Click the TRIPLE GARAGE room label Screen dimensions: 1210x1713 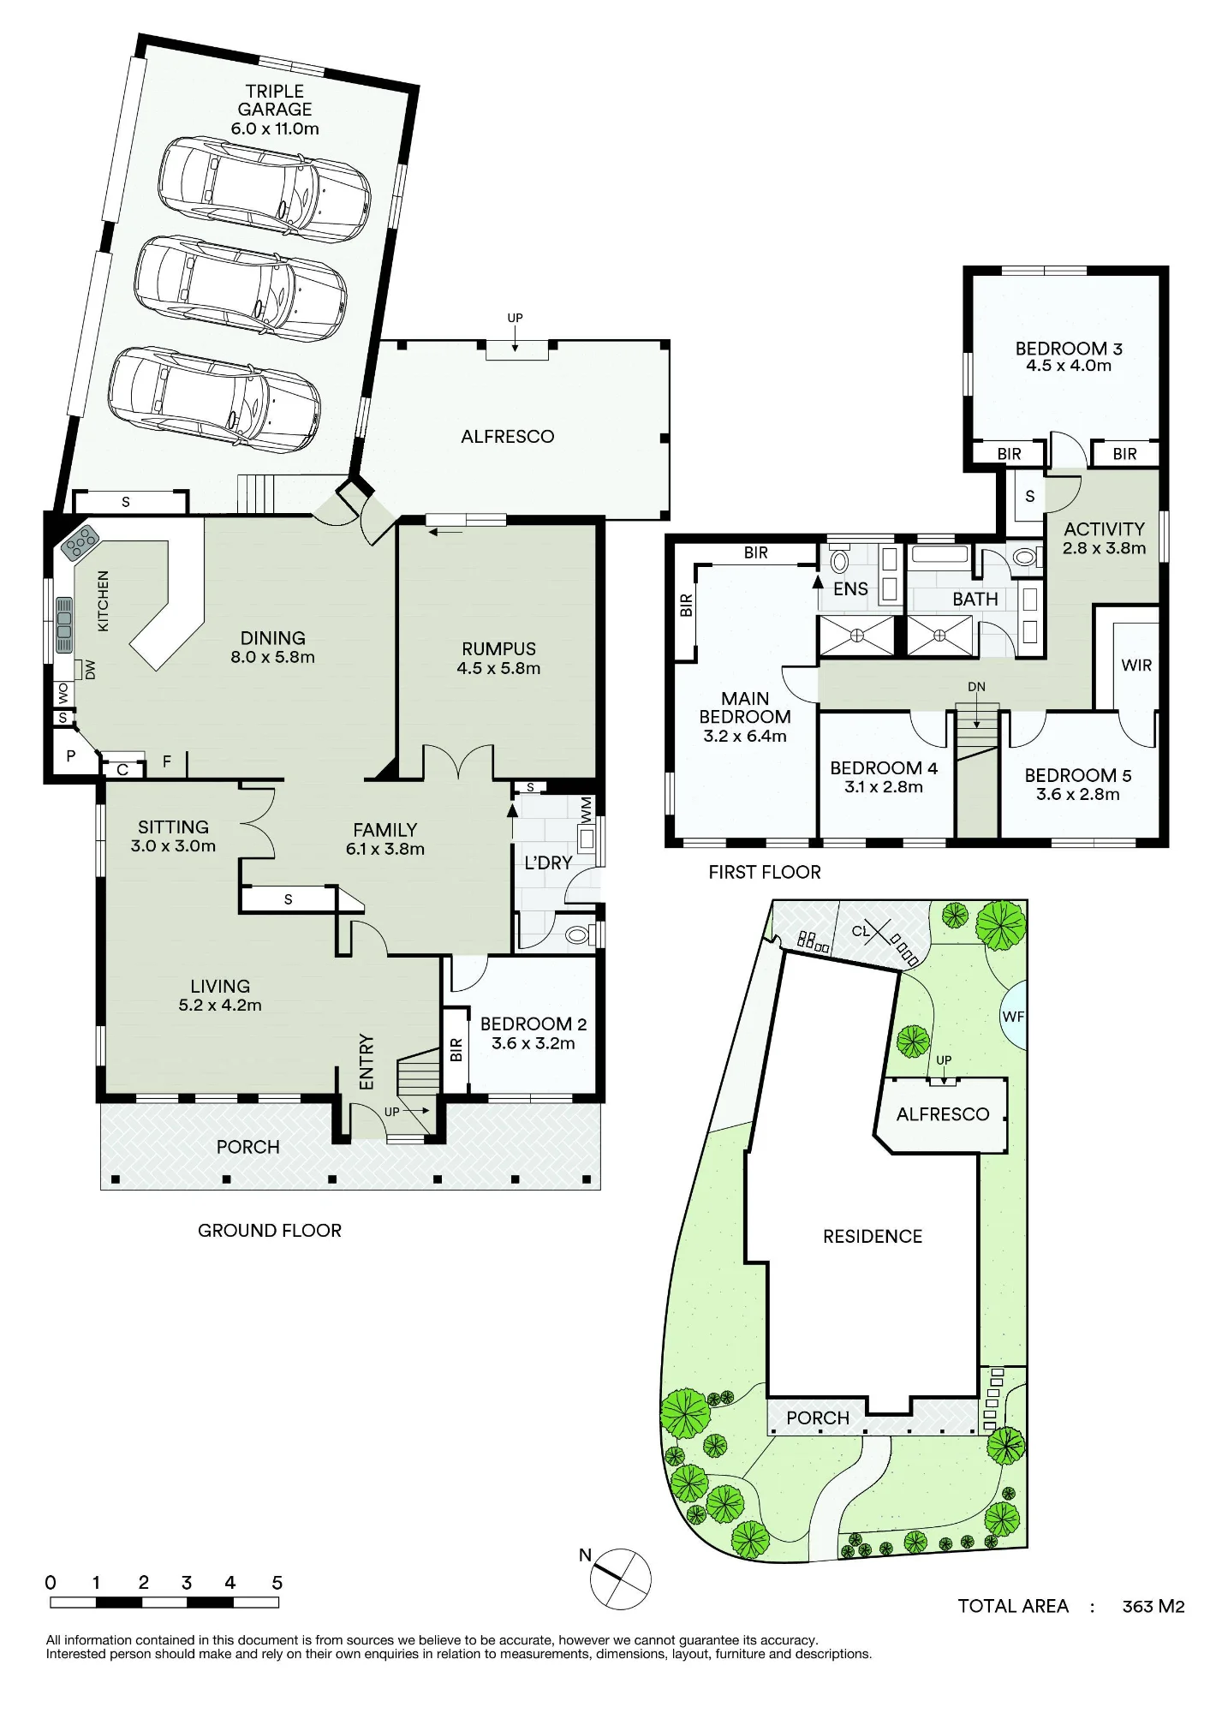[x=275, y=100]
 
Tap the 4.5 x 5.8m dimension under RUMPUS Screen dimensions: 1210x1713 [x=498, y=668]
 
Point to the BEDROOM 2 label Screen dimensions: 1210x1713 [x=533, y=1024]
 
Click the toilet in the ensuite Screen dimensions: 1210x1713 [x=839, y=562]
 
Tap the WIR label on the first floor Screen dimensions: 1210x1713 [x=1136, y=665]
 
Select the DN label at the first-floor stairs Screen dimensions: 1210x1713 [x=976, y=687]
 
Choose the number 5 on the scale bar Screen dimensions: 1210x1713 [x=277, y=1583]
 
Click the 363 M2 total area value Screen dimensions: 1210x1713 [x=1153, y=1606]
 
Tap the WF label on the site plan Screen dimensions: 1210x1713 [x=1013, y=1017]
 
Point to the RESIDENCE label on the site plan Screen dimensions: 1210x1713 [x=873, y=1236]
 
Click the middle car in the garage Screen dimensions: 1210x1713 [x=241, y=289]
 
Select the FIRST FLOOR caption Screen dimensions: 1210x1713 [x=765, y=872]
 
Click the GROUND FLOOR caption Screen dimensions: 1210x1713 [x=270, y=1231]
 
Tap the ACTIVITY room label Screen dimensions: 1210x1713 [x=1104, y=529]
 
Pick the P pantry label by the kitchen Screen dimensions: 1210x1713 [x=71, y=756]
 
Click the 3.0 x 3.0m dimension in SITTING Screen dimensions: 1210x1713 [x=173, y=846]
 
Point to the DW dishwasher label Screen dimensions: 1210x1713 [x=91, y=670]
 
